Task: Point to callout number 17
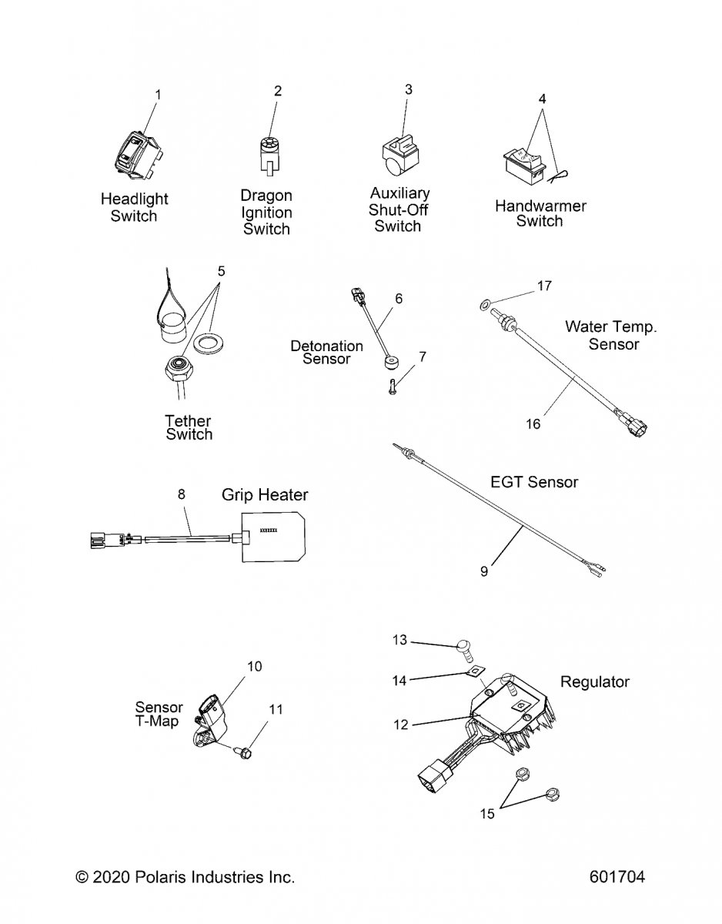pos(544,286)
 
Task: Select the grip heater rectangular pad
pos(276,536)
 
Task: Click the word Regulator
pos(594,681)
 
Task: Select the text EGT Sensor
pos(533,482)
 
